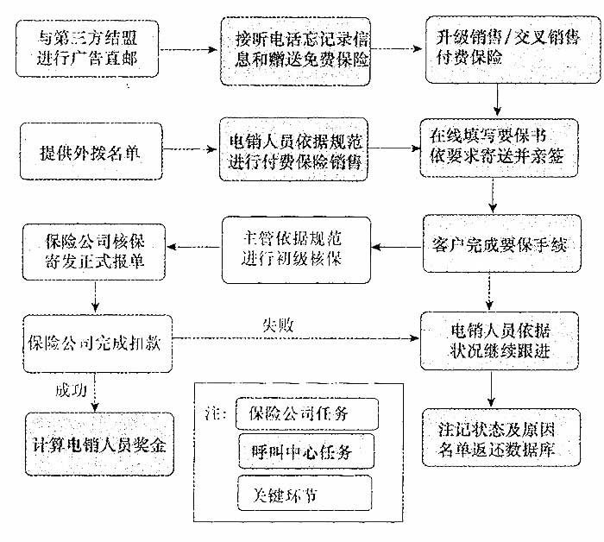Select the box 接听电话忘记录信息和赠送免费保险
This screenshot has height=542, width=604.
click(295, 52)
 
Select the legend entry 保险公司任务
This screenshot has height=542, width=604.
click(306, 414)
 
